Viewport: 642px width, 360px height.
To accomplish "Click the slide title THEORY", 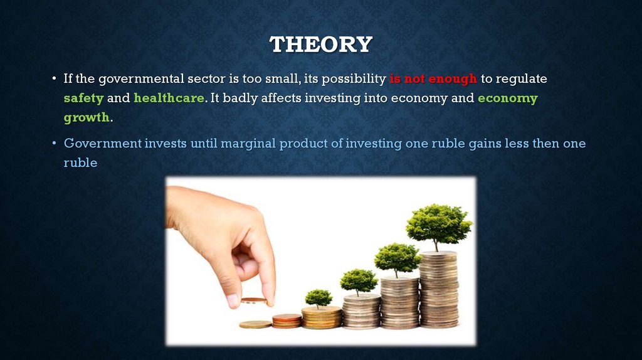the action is click(321, 45).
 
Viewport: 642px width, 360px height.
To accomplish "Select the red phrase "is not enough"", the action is click(433, 78).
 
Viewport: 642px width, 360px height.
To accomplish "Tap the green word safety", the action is click(83, 98).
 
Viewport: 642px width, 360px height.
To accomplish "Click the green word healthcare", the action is click(169, 98).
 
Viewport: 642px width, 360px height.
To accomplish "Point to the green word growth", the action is click(87, 117).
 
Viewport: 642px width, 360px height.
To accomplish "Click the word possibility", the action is click(354, 78).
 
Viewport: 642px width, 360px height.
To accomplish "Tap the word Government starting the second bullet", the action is click(102, 144).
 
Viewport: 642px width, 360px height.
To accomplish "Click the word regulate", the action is click(521, 78).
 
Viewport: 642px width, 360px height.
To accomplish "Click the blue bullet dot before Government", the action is click(54, 143).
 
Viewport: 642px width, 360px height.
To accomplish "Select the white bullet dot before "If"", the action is click(54, 78).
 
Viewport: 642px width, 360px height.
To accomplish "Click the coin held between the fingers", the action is click(254, 301).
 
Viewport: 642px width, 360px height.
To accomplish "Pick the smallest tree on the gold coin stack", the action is click(318, 298).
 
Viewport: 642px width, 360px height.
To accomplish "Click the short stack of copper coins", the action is click(287, 320).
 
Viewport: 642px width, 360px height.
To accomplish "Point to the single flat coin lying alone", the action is click(255, 324).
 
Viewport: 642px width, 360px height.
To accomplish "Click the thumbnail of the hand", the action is click(233, 301).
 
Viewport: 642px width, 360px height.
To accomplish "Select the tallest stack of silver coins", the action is click(439, 289).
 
